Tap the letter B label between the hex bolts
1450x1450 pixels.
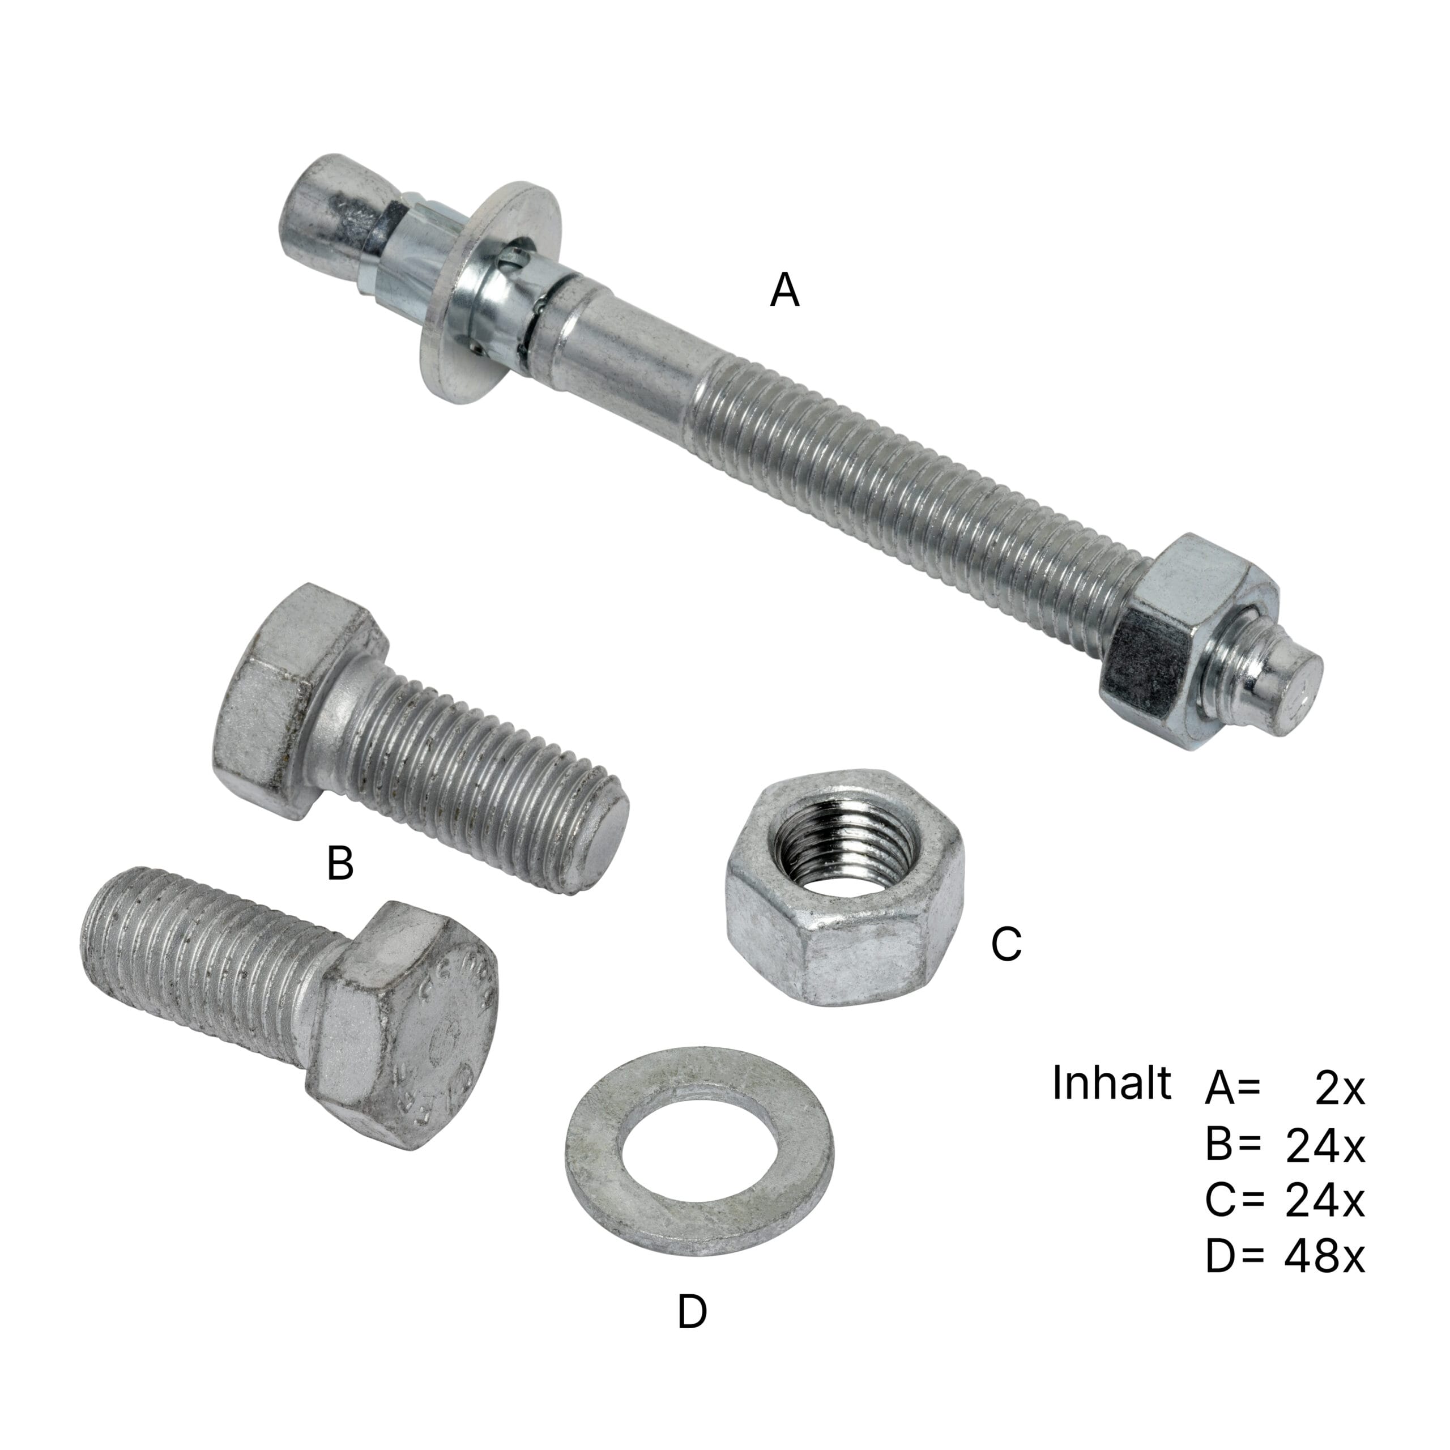[340, 863]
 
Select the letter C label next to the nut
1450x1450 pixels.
[1006, 944]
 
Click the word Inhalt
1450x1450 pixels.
[1111, 1083]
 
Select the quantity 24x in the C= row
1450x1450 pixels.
[1325, 1201]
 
